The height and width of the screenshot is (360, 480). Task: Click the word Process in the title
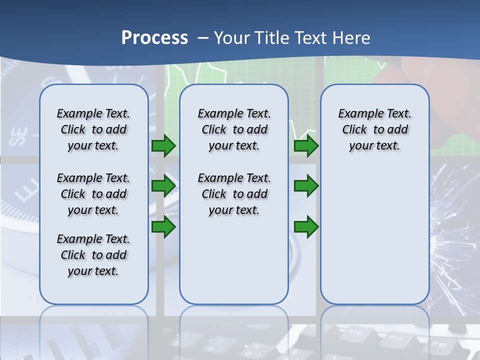tap(154, 37)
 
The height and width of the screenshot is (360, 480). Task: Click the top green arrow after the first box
tap(163, 146)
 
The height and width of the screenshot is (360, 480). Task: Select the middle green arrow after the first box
tap(163, 186)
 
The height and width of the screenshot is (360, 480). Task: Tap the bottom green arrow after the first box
tap(163, 227)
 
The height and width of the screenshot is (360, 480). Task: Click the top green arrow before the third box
tap(306, 146)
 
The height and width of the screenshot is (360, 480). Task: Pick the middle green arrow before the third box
tap(306, 186)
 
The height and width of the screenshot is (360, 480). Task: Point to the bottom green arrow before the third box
tap(306, 227)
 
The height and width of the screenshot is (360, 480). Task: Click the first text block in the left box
tap(93, 129)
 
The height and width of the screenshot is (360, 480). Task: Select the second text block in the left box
tap(93, 194)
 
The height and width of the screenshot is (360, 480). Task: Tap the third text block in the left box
tap(93, 255)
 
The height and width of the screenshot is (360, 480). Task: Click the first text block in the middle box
tap(234, 129)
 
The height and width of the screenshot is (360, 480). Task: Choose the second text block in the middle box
tap(234, 194)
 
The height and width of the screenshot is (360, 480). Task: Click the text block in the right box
tap(374, 129)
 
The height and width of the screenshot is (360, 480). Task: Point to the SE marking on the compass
tap(18, 136)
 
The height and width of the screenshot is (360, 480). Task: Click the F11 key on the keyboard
tap(396, 338)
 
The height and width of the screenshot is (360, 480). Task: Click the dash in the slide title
tap(203, 38)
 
